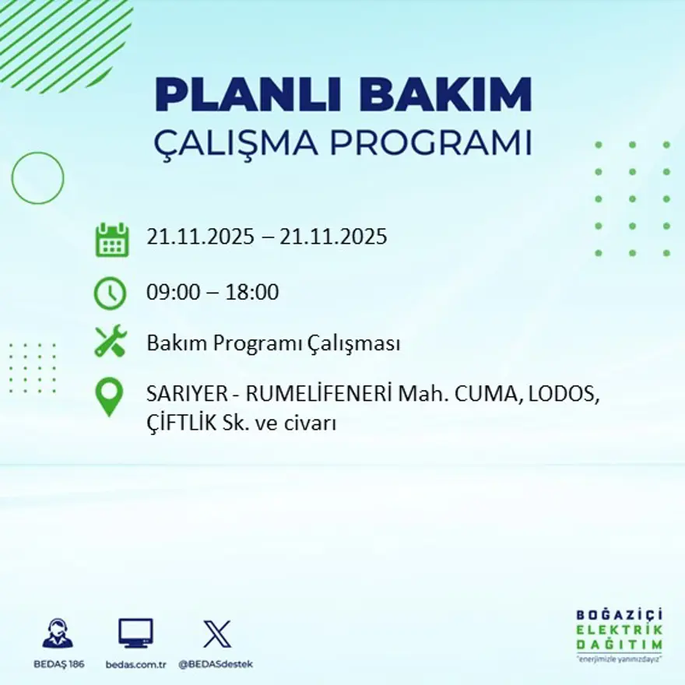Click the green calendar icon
point(111,240)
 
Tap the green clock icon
point(110,293)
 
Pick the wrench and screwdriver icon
point(110,342)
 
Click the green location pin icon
point(109,395)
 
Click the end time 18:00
point(252,293)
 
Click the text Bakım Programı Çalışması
point(273,343)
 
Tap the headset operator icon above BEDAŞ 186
point(58,634)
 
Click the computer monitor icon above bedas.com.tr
point(135,634)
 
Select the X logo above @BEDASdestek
point(216,634)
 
